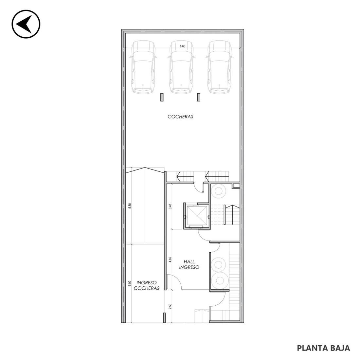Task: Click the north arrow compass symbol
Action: click(x=26, y=24)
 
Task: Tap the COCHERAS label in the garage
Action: click(x=180, y=117)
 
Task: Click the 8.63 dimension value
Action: click(x=183, y=46)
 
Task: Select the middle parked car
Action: click(x=181, y=67)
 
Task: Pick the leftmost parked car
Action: click(x=143, y=67)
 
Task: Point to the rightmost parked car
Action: click(x=219, y=67)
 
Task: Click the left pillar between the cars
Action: click(x=162, y=97)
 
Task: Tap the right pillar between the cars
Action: click(x=199, y=97)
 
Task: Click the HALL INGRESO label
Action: click(x=189, y=264)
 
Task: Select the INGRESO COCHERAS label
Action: click(x=147, y=285)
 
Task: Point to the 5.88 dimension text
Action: click(x=130, y=206)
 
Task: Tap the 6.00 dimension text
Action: click(x=130, y=283)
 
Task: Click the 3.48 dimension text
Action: click(x=170, y=207)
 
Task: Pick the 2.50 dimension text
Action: click(x=170, y=306)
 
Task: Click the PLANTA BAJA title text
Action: click(x=323, y=348)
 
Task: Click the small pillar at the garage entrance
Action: click(x=164, y=318)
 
